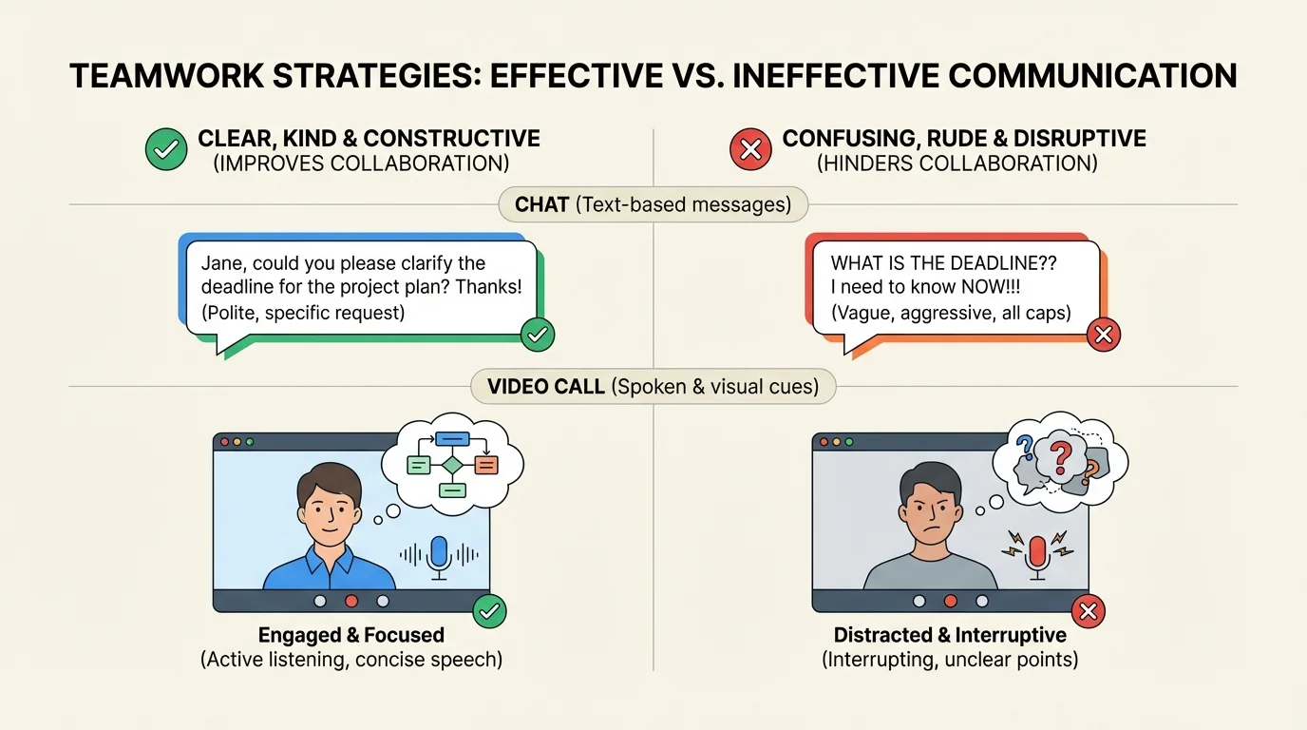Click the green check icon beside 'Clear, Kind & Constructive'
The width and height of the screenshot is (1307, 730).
[x=165, y=150]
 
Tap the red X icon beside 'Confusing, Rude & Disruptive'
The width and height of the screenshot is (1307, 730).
[x=749, y=150]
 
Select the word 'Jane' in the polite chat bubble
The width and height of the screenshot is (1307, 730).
[x=220, y=263]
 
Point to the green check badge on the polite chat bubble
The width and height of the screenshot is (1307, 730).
[x=538, y=334]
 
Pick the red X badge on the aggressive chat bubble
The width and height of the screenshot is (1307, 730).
[x=1103, y=334]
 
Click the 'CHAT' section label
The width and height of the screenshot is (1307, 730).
[x=542, y=203]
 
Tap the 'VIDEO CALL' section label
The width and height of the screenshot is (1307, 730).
[x=546, y=386]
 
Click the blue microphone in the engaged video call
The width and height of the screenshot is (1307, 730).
[x=438, y=554]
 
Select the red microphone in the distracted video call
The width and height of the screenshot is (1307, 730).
[x=1036, y=554]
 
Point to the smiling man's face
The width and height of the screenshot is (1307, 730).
[x=328, y=508]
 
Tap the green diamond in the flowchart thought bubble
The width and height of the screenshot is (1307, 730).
[x=452, y=465]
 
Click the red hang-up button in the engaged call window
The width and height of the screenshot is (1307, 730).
[x=351, y=601]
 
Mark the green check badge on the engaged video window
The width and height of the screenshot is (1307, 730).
[x=489, y=611]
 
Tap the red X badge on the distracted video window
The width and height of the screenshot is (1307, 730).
[x=1089, y=611]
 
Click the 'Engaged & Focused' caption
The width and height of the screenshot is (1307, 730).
[x=350, y=635]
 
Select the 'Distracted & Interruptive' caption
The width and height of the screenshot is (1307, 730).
[x=950, y=635]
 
